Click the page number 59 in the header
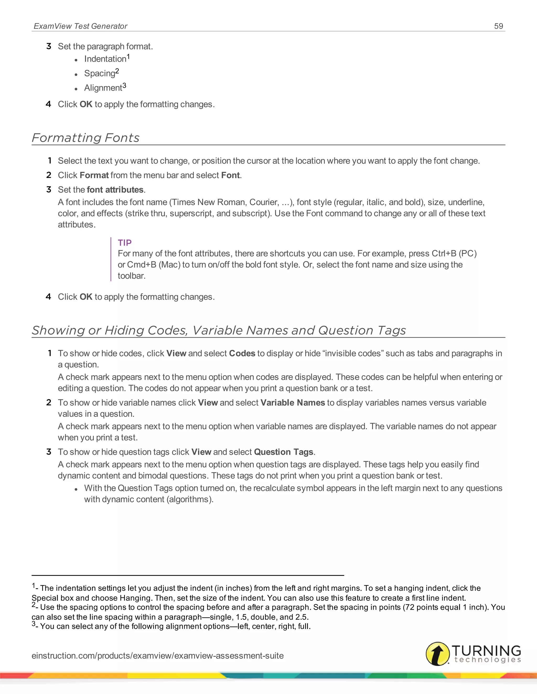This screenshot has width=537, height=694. (498, 26)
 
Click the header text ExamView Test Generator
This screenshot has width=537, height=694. (80, 26)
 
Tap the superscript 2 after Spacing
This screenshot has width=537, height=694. (117, 71)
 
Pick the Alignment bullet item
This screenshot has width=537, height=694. (103, 88)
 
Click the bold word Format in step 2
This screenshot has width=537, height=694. (94, 175)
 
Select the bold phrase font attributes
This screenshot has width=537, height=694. (115, 190)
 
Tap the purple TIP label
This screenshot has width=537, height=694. (124, 243)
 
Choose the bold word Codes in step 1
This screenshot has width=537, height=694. (242, 353)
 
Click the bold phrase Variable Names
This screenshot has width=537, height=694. (292, 403)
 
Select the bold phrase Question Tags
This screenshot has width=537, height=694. (283, 452)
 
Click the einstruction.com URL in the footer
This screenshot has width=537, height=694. (158, 656)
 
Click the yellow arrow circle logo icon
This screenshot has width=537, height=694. (437, 654)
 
